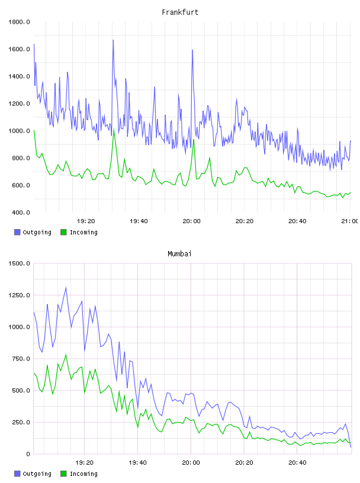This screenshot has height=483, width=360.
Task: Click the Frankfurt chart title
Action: tap(180, 12)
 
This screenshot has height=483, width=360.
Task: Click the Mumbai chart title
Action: tap(179, 254)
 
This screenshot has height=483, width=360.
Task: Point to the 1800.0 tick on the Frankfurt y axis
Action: tap(19, 22)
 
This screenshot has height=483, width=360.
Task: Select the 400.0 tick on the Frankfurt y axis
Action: tap(19, 212)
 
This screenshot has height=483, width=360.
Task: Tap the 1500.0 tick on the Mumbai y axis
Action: tap(19, 263)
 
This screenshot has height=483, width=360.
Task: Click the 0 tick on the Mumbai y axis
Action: tap(28, 454)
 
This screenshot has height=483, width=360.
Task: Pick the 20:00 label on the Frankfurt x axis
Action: tap(191, 221)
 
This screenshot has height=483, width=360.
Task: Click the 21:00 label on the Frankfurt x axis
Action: tap(350, 221)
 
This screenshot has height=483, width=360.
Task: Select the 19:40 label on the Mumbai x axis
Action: tap(137, 463)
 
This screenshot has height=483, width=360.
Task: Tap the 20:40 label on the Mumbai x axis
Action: tap(297, 463)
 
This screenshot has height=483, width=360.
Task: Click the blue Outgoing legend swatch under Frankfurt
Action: tap(17, 232)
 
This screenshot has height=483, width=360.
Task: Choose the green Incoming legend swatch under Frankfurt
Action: tap(63, 232)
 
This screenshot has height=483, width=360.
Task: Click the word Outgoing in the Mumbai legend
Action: tap(37, 474)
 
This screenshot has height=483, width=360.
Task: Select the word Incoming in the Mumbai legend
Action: tap(83, 474)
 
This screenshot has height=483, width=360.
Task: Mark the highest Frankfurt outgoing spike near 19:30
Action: tap(113, 40)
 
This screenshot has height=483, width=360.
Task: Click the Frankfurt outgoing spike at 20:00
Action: tap(192, 50)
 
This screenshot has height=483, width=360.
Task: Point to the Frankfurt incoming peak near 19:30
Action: tap(114, 130)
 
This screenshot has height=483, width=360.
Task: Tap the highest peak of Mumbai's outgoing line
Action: tap(66, 288)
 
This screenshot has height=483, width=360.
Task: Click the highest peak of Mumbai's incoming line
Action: tap(66, 355)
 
